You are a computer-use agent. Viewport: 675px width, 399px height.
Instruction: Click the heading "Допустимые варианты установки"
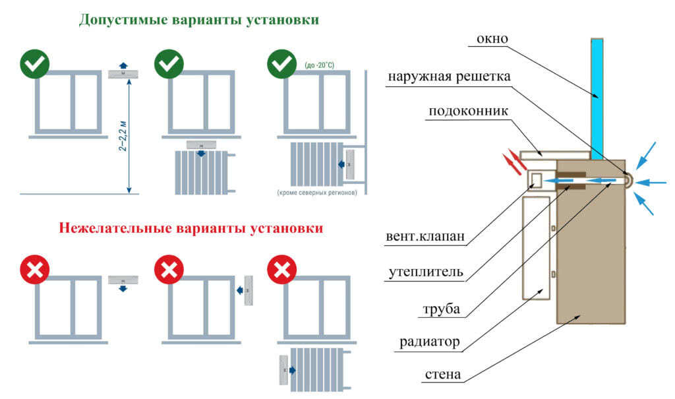(198, 20)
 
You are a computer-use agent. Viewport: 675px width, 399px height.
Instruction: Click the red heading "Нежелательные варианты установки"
(191, 229)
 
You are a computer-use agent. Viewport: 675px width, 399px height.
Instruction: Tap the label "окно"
(492, 38)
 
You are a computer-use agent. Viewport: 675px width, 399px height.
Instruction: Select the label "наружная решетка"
(449, 76)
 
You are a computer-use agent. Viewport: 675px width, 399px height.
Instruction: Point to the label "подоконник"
(468, 111)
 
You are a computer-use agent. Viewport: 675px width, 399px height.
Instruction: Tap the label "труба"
(443, 309)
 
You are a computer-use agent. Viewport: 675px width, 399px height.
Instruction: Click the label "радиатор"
(429, 342)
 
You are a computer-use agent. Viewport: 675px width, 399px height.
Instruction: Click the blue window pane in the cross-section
(597, 99)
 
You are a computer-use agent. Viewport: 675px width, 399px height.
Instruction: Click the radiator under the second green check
(200, 171)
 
